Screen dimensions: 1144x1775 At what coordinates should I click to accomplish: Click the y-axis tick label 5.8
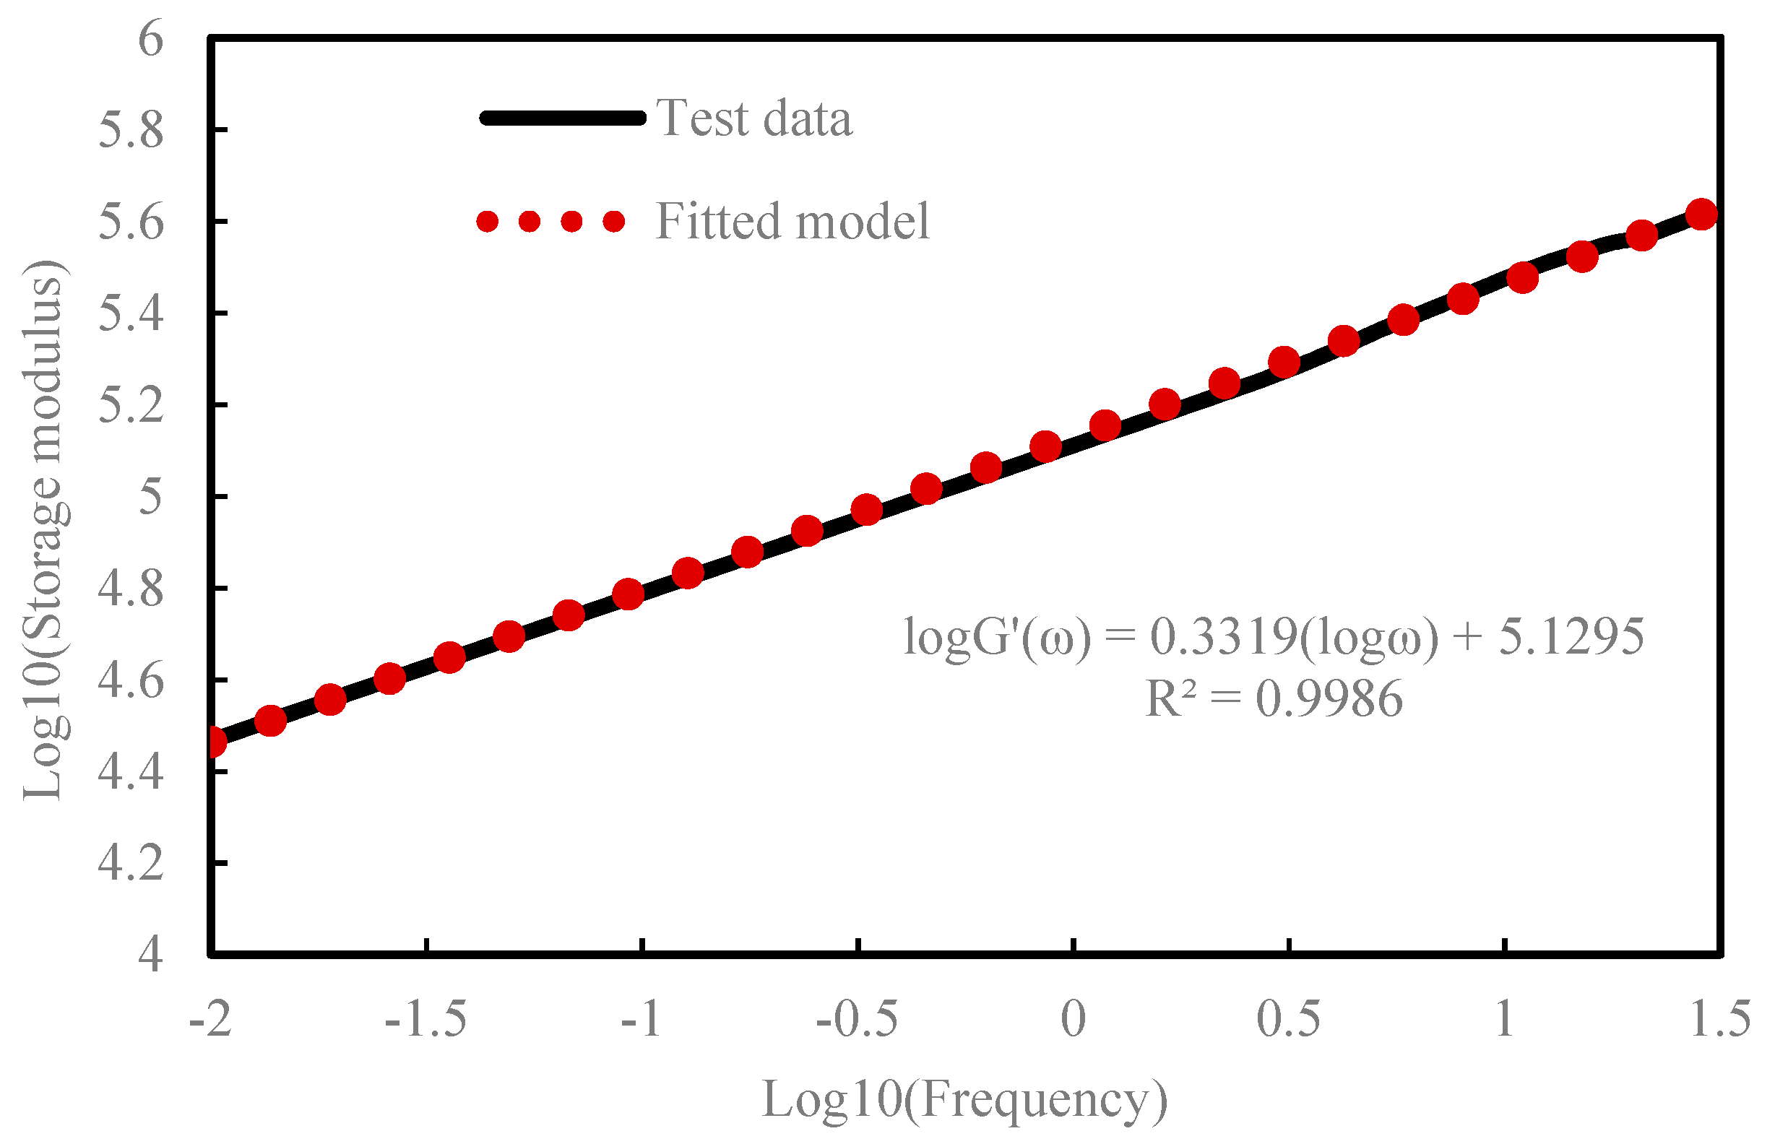pyautogui.click(x=131, y=131)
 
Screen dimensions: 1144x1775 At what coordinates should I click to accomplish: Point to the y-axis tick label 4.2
pyautogui.click(x=131, y=863)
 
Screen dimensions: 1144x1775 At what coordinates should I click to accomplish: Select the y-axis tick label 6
pyautogui.click(x=150, y=38)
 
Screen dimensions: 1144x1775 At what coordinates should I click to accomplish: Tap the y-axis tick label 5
pyautogui.click(x=150, y=496)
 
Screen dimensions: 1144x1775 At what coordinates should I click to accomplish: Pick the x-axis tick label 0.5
pyautogui.click(x=1288, y=1018)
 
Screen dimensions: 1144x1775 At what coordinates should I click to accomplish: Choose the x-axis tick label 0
pyautogui.click(x=1073, y=1018)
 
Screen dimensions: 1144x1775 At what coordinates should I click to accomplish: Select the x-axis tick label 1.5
pyautogui.click(x=1719, y=1018)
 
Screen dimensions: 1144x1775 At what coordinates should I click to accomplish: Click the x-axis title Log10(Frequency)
pyautogui.click(x=964, y=1099)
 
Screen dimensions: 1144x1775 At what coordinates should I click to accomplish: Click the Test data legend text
pyautogui.click(x=753, y=118)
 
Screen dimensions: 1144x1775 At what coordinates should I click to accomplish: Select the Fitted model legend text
pyautogui.click(x=792, y=222)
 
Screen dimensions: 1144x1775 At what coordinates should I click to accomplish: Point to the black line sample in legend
pyautogui.click(x=563, y=118)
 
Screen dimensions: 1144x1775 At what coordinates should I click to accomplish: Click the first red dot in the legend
pyautogui.click(x=488, y=222)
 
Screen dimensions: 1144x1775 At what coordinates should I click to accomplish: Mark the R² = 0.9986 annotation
pyautogui.click(x=1274, y=699)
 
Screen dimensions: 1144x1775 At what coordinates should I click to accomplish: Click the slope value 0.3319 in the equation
pyautogui.click(x=1223, y=636)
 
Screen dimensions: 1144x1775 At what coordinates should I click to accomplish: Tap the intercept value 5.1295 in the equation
pyautogui.click(x=1571, y=636)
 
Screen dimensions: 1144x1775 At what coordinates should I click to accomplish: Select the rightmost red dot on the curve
pyautogui.click(x=1701, y=214)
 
